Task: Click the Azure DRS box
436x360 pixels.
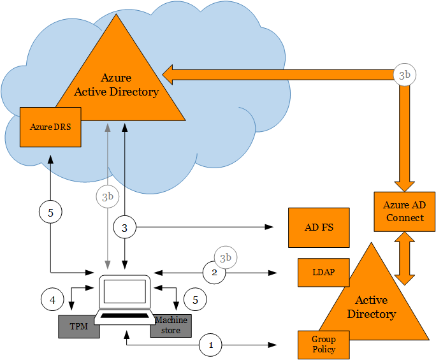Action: click(50, 126)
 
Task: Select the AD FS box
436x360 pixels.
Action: click(319, 227)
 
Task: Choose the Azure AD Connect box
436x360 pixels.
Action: click(404, 212)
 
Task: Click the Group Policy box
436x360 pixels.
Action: click(323, 344)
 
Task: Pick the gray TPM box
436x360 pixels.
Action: click(78, 326)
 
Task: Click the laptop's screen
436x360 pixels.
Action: click(124, 292)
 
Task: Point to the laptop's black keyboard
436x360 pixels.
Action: click(126, 317)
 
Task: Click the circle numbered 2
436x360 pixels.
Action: click(215, 273)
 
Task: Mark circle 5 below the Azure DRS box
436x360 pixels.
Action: click(50, 212)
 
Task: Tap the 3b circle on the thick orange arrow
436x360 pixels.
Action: click(404, 75)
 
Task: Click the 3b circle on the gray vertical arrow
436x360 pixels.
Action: click(107, 196)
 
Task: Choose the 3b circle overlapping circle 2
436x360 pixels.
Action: click(225, 257)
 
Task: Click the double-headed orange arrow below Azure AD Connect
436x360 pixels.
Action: click(404, 259)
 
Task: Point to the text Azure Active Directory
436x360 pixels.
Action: click(116, 85)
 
